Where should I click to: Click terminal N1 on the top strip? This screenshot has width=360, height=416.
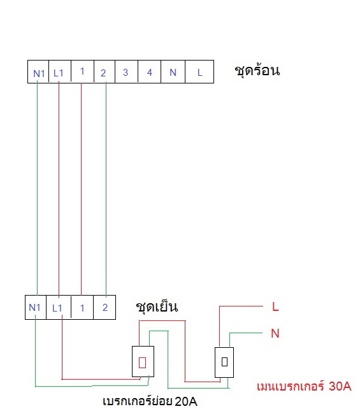click(x=38, y=71)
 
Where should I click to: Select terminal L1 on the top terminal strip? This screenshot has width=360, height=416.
click(x=60, y=71)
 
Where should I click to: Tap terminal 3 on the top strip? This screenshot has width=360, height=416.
click(x=126, y=71)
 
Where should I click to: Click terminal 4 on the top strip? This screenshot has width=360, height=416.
click(x=149, y=71)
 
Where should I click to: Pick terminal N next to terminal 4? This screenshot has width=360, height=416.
click(x=173, y=71)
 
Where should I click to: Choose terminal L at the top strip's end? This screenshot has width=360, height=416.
click(x=199, y=71)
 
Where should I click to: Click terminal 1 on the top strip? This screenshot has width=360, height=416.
click(x=82, y=71)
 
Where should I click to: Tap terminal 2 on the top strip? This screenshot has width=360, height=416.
click(x=104, y=71)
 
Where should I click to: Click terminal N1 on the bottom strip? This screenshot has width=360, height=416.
click(x=36, y=307)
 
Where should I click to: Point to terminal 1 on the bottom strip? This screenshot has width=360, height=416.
click(x=82, y=307)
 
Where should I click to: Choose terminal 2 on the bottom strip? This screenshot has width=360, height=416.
click(x=104, y=307)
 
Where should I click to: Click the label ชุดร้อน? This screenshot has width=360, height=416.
click(x=257, y=70)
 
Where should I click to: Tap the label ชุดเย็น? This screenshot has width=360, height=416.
click(x=157, y=307)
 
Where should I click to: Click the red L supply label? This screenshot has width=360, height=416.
click(x=275, y=306)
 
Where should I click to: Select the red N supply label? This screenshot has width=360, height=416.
click(x=275, y=333)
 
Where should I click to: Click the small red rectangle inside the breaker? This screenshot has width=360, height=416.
click(x=143, y=362)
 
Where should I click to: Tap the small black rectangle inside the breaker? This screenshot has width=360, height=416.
click(x=224, y=362)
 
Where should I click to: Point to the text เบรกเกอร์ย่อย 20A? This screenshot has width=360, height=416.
click(x=150, y=401)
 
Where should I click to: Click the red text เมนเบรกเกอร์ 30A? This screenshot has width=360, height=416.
click(x=304, y=386)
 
